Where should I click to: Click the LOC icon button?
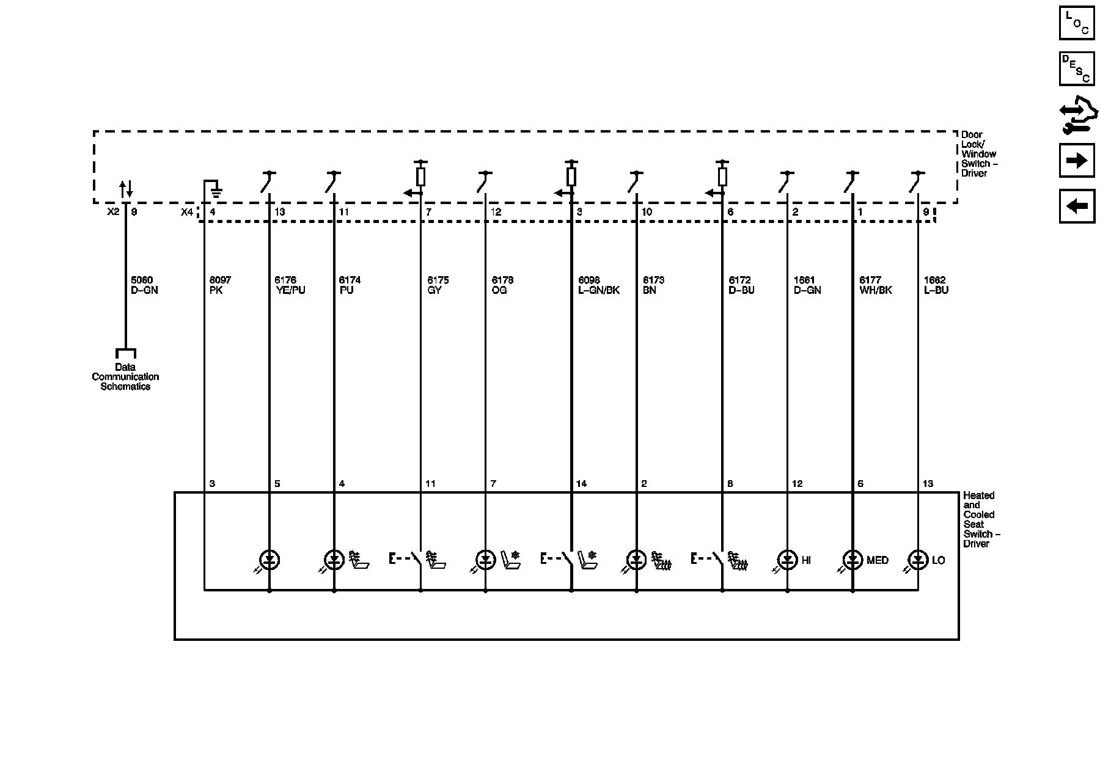click(1076, 23)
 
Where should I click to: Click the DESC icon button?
click(1076, 68)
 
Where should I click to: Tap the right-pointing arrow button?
click(1076, 161)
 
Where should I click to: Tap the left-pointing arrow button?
click(1076, 206)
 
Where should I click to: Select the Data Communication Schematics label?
click(125, 376)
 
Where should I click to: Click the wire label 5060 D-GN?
click(144, 285)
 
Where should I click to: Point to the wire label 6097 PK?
click(220, 285)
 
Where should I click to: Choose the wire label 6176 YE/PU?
click(290, 285)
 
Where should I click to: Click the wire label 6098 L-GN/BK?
click(599, 285)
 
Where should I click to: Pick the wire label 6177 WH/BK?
click(875, 285)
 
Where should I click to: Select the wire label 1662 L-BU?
click(936, 285)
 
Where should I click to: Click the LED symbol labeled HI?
click(787, 560)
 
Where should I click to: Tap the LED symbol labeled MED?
click(853, 560)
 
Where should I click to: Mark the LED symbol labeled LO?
click(918, 560)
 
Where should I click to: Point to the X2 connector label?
click(113, 212)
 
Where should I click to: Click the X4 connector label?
click(187, 212)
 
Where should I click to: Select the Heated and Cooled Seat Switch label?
click(981, 519)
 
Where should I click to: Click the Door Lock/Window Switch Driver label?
click(978, 154)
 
